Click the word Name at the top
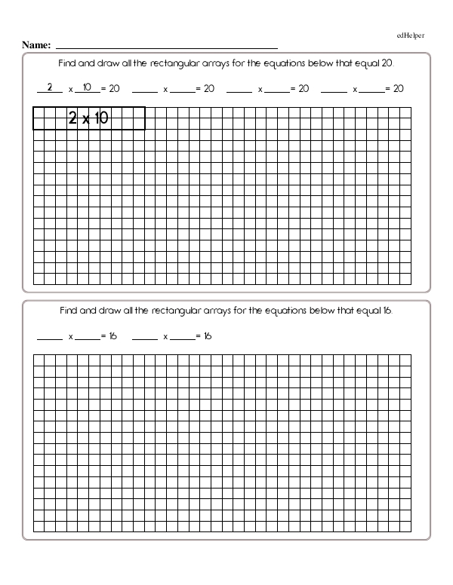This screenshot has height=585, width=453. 35,45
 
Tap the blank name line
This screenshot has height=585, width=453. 166,47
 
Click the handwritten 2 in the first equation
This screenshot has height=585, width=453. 49,87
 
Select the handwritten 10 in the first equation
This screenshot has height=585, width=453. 87,87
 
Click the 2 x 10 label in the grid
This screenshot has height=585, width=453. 89,118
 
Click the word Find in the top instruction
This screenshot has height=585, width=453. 69,64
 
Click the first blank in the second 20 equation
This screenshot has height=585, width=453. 144,90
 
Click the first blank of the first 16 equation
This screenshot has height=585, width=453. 50,337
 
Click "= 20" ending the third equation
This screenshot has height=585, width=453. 300,89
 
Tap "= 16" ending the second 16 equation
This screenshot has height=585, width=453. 204,335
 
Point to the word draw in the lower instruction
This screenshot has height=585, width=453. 106,310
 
